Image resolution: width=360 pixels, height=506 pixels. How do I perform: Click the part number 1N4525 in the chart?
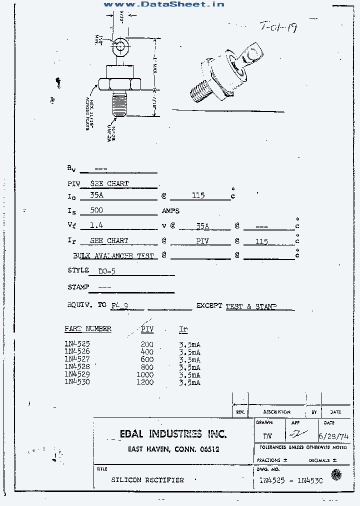pyautogui.click(x=77, y=344)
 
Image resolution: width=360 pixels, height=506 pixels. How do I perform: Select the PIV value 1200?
pyautogui.click(x=145, y=382)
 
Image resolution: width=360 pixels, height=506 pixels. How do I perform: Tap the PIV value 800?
pyautogui.click(x=147, y=367)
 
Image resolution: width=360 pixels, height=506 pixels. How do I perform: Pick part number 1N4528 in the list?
pyautogui.click(x=77, y=367)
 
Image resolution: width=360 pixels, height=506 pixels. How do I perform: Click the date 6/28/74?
pyautogui.click(x=335, y=435)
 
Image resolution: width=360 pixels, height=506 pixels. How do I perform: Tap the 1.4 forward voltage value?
pyautogui.click(x=96, y=225)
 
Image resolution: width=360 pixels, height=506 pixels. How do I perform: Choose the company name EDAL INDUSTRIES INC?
pyautogui.click(x=173, y=433)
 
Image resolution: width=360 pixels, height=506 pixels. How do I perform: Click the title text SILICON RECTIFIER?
pyautogui.click(x=147, y=480)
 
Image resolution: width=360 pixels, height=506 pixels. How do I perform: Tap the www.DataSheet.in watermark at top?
pyautogui.click(x=163, y=4)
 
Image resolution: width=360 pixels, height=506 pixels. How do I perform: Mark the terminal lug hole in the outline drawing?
pyautogui.click(x=119, y=48)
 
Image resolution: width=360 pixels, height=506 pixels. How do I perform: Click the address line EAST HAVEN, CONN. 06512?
pyautogui.click(x=173, y=449)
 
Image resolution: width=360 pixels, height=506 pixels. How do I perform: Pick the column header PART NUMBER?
pyautogui.click(x=88, y=329)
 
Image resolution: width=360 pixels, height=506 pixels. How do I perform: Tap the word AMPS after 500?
pyautogui.click(x=170, y=211)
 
